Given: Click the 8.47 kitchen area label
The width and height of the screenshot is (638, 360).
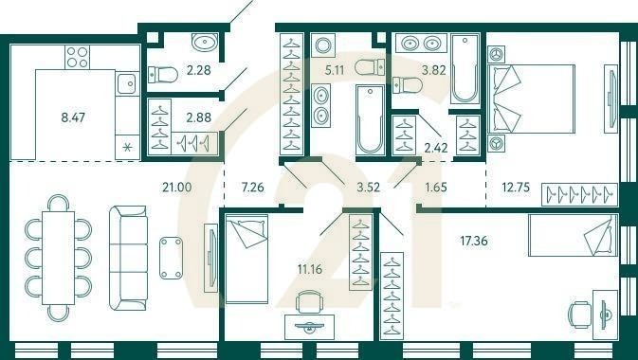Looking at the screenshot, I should (x=72, y=118).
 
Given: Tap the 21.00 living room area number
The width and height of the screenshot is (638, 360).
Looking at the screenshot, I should (x=178, y=187).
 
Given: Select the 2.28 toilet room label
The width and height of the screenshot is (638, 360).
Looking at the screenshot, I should (x=199, y=68).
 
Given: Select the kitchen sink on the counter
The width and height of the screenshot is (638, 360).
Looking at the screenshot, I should (x=126, y=83).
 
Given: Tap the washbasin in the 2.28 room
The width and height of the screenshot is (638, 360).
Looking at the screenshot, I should (x=204, y=42).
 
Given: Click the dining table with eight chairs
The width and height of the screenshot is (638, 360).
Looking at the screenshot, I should (x=59, y=256).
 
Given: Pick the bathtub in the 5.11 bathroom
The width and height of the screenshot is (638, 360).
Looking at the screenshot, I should (x=370, y=118).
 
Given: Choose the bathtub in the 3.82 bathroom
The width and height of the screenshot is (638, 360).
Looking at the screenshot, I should (x=465, y=68).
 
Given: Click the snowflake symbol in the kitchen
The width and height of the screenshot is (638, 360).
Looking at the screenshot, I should (x=125, y=147).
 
